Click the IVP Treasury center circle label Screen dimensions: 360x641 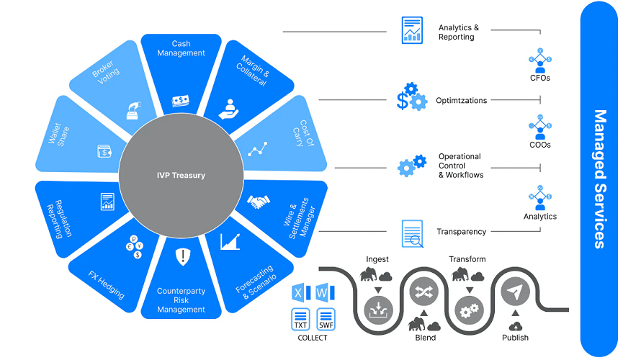click(x=181, y=175)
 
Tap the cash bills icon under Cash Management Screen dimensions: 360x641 click(x=181, y=101)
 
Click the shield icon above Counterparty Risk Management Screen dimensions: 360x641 click(x=181, y=256)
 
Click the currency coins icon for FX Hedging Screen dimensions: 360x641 click(x=134, y=246)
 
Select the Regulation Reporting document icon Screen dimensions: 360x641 click(x=108, y=202)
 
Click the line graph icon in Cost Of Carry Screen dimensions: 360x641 click(x=257, y=149)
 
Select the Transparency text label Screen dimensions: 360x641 click(x=461, y=232)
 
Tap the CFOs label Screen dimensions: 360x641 click(x=539, y=77)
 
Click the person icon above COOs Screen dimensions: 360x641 click(x=539, y=130)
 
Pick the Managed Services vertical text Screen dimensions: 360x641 click(x=599, y=179)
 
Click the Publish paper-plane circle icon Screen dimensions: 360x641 click(x=515, y=292)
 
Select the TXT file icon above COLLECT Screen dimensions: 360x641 click(x=300, y=318)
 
